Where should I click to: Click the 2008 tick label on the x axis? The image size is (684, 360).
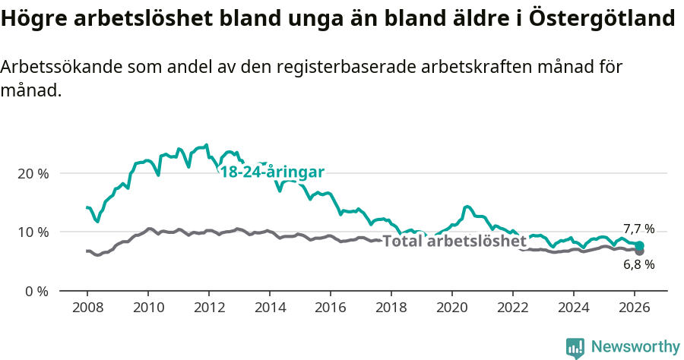coord(87,308)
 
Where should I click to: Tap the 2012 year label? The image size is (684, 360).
coord(208,308)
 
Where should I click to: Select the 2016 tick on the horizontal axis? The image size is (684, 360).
coord(330,308)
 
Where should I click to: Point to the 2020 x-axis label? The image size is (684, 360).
coord(451,308)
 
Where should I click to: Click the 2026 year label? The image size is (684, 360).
coord(634,308)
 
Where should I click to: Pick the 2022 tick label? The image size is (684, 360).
coord(512,308)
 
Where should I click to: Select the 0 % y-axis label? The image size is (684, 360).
coord(36,291)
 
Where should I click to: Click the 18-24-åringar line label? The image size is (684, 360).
coord(272,172)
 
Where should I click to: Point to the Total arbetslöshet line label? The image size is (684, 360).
coord(454,242)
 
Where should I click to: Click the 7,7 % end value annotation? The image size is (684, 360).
coord(638,229)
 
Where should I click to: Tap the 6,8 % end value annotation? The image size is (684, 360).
coord(638,265)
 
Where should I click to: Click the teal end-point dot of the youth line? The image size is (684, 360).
coord(640,245)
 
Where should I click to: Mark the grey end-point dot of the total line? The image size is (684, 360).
coord(640,251)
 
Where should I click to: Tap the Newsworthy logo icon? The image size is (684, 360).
coord(575,348)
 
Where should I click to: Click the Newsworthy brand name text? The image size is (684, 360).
coord(635,347)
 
